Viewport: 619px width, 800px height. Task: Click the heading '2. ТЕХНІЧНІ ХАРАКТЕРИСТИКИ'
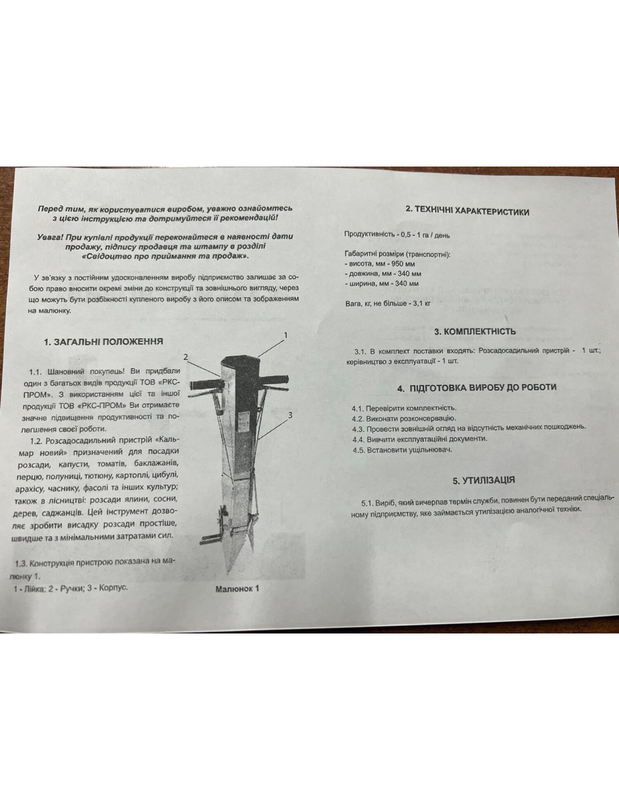(467, 211)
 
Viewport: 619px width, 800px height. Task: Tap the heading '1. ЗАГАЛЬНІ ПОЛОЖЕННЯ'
(104, 341)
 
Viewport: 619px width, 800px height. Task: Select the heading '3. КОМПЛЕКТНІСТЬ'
(475, 331)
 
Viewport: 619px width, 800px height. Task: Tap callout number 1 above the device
(285, 335)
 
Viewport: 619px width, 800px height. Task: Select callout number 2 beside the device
(186, 357)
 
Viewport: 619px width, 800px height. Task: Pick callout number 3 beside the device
(290, 415)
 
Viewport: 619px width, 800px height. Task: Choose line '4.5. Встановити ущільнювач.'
(402, 450)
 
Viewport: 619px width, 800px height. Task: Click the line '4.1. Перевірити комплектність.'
(405, 408)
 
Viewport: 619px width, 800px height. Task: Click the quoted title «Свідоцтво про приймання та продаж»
(165, 256)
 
